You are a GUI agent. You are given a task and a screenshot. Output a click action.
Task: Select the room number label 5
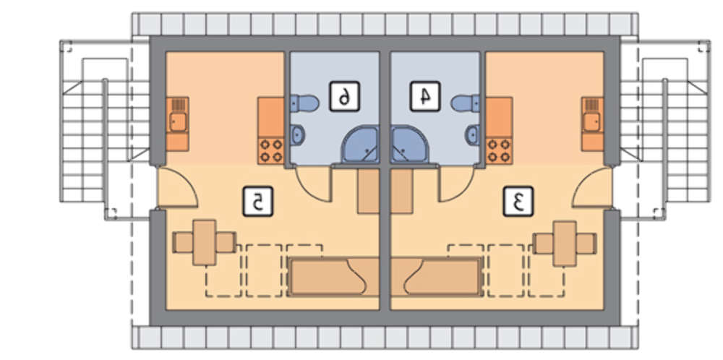point(256,202)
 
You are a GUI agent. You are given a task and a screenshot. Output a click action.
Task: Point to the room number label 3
point(518,202)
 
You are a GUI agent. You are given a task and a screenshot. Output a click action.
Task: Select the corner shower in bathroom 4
point(409,145)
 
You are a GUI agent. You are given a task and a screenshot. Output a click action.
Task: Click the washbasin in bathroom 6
point(298,133)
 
